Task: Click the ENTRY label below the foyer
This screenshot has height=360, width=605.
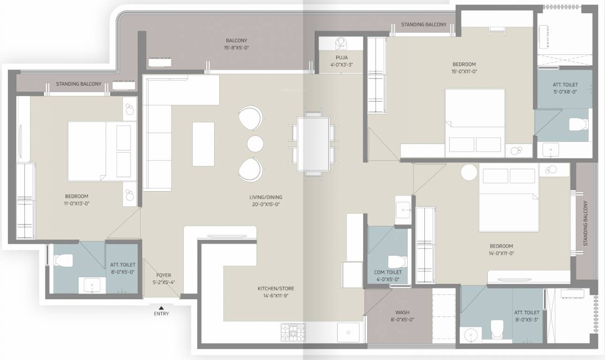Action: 161,314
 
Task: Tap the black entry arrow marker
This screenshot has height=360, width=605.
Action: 161,307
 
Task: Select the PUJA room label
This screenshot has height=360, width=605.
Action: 341,58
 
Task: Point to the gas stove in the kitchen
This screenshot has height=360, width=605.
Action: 293,332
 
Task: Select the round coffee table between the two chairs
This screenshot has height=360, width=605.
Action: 256,143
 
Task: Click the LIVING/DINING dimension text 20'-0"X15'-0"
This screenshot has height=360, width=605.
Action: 265,204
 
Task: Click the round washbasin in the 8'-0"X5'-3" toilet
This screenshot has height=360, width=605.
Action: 472,335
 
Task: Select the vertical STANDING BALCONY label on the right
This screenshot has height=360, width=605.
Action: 585,224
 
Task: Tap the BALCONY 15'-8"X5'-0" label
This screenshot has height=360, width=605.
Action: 236,44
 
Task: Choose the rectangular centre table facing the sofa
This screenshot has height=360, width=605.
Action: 203,143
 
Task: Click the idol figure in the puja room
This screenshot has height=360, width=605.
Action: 341,43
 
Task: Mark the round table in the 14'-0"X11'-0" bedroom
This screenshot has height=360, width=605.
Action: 469,172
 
